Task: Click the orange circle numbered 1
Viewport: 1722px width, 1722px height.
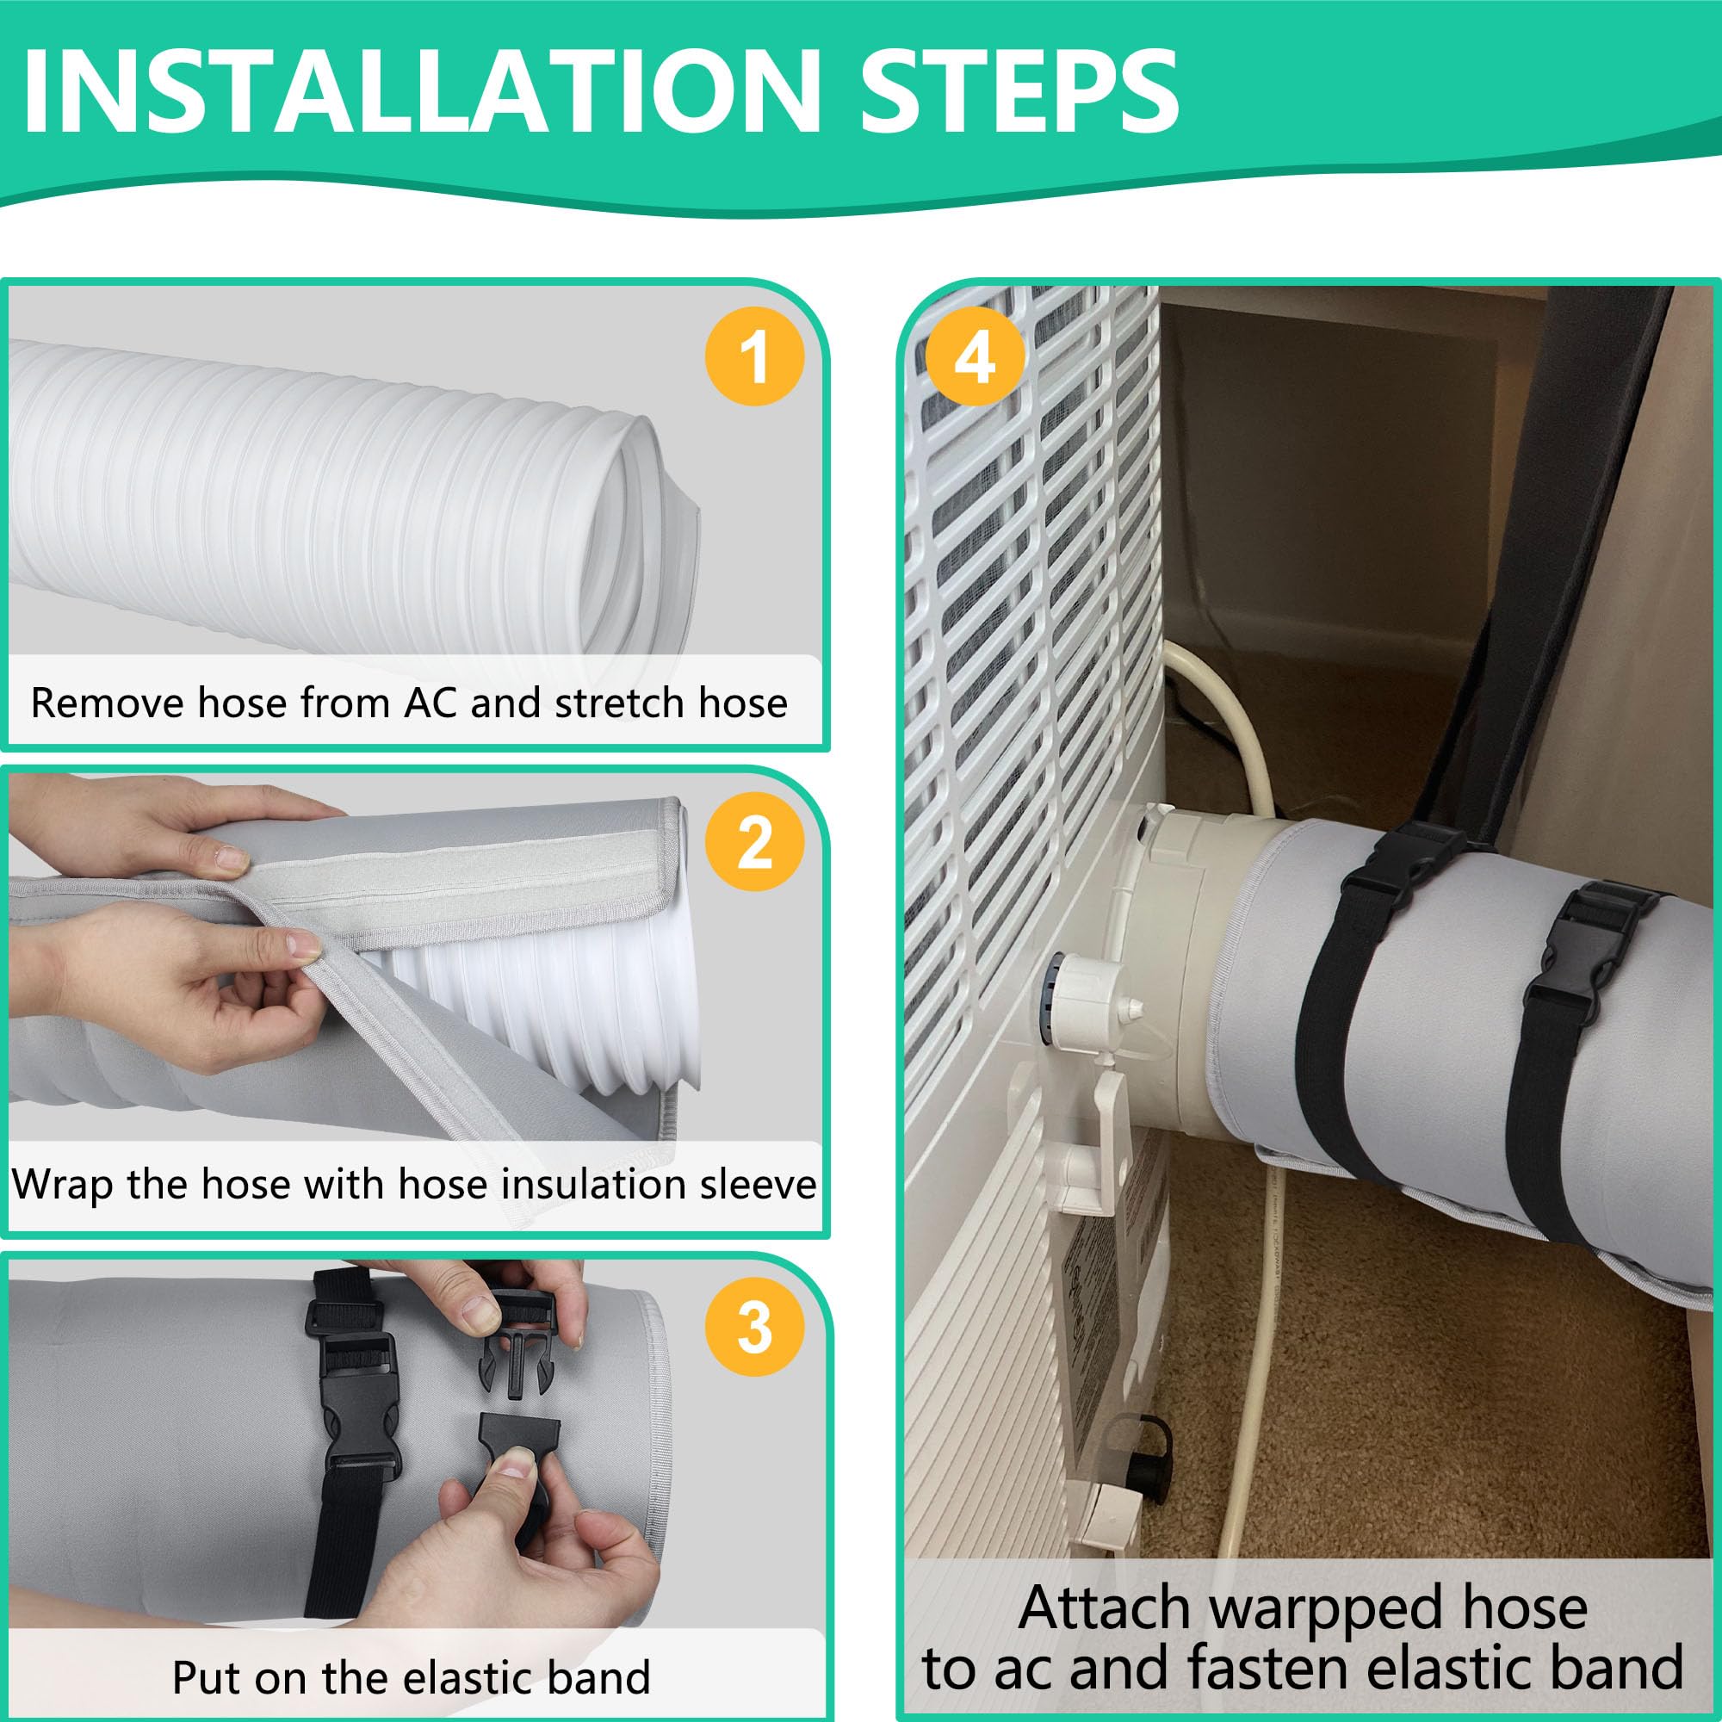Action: (x=754, y=356)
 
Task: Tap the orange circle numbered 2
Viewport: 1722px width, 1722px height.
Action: (x=754, y=840)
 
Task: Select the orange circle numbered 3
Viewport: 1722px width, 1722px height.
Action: (x=754, y=1327)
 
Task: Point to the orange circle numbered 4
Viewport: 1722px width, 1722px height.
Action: (x=974, y=356)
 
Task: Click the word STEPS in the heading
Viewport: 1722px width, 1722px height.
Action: (x=1019, y=93)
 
